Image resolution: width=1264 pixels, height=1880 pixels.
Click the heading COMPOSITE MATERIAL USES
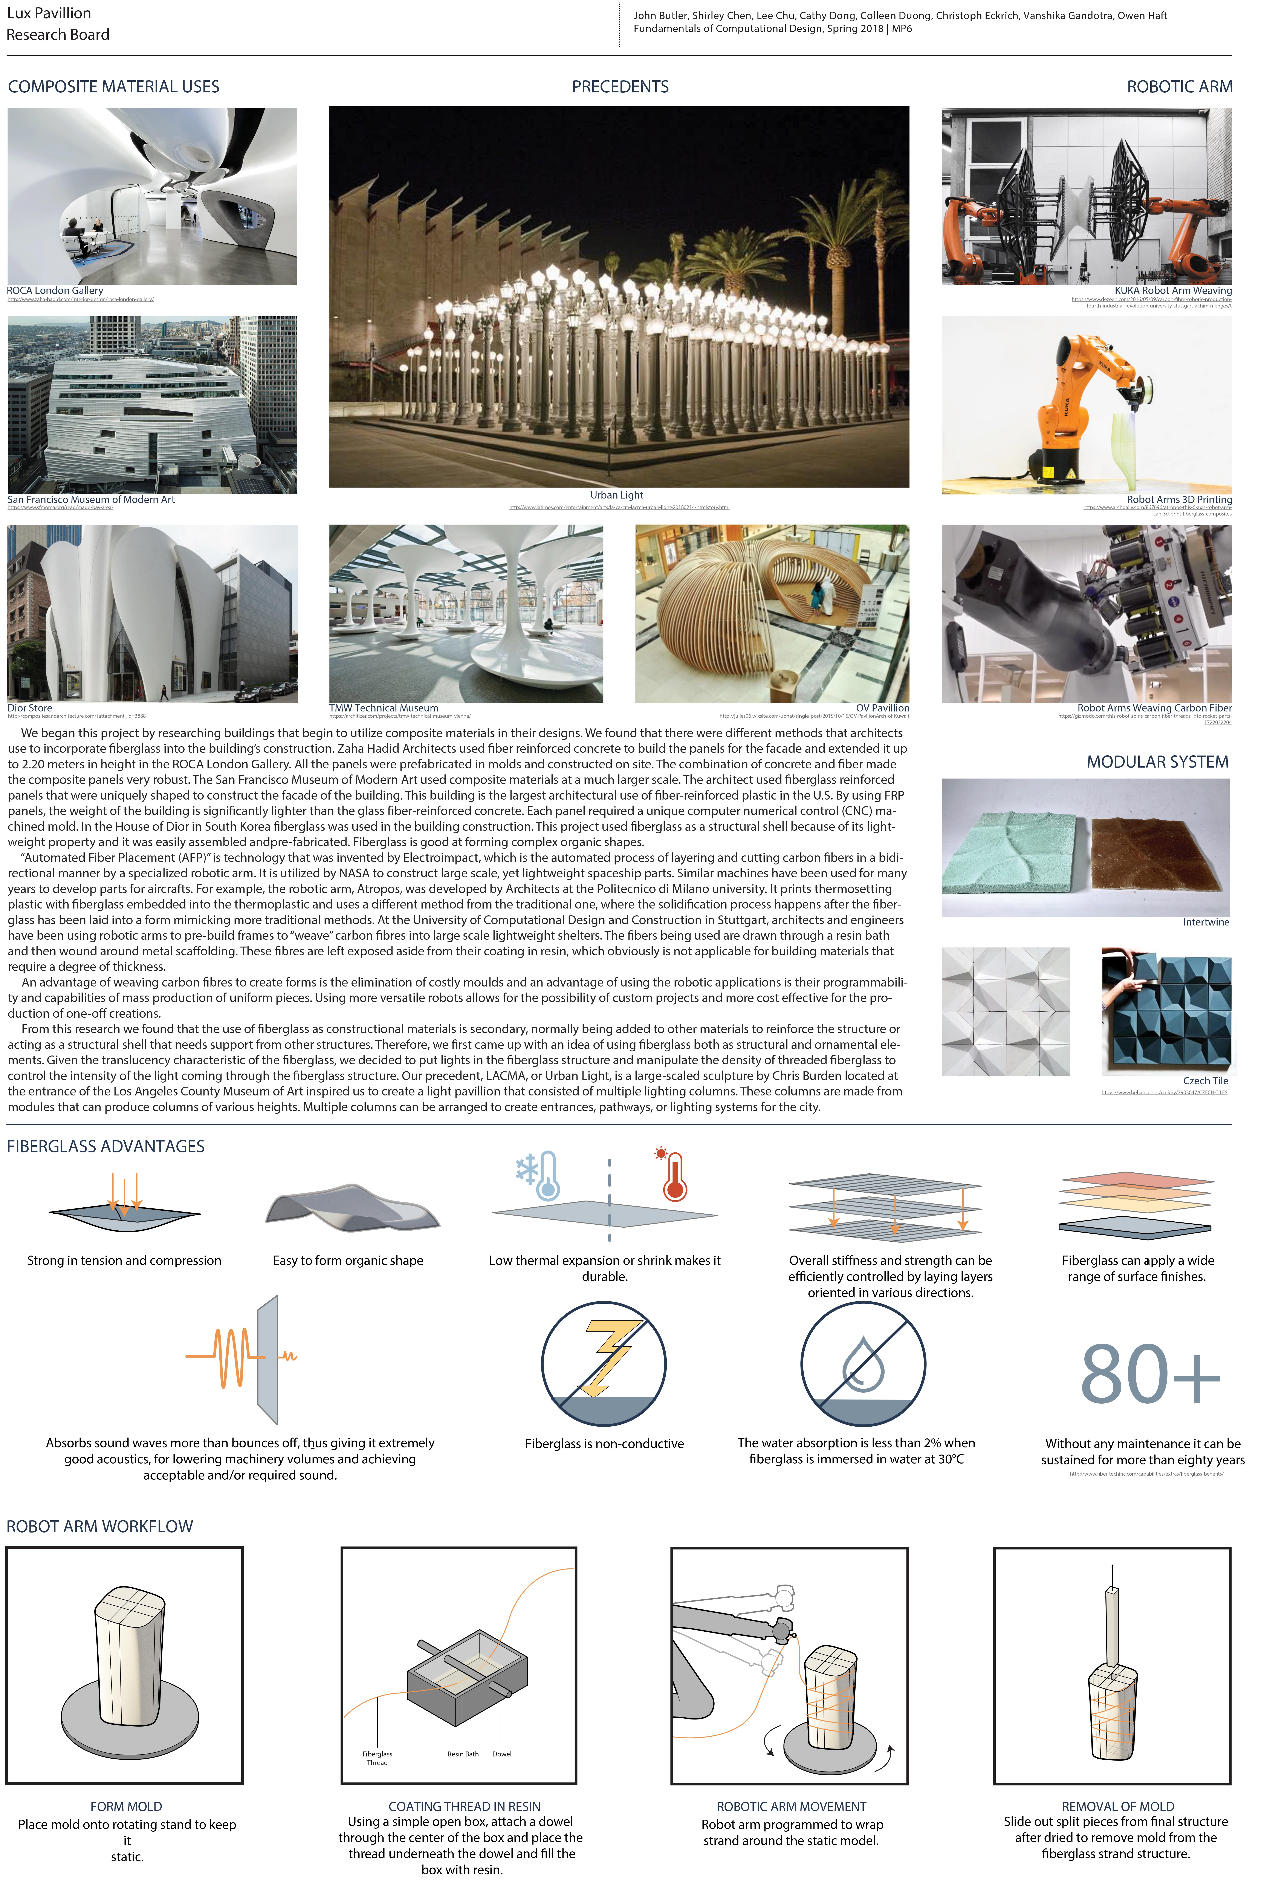click(x=114, y=87)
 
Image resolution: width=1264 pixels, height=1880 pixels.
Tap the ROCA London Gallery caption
click(x=55, y=291)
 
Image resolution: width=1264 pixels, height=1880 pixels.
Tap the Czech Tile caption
click(x=1205, y=1081)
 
